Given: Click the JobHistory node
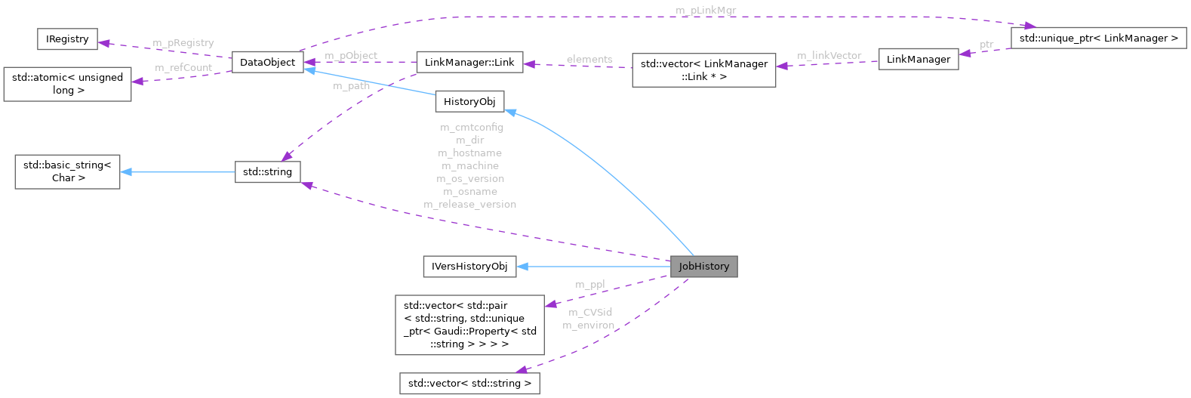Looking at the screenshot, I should click(703, 267).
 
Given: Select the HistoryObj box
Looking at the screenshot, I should click(469, 101).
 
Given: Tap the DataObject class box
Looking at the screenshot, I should click(267, 62).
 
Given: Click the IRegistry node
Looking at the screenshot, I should click(67, 39).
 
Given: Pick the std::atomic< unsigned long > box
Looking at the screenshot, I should click(67, 84).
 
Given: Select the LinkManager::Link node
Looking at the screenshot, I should click(469, 63).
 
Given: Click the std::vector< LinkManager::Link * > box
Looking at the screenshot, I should click(703, 70).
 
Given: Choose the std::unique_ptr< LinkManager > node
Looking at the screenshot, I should click(1098, 38).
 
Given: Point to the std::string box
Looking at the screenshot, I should click(267, 172).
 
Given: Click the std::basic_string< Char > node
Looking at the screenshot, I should click(67, 171).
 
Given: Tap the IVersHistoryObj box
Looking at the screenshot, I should click(469, 267).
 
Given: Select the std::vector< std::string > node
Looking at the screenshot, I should click(469, 383).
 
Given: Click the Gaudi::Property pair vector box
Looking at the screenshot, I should click(469, 325).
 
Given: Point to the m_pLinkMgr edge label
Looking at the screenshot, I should click(706, 11).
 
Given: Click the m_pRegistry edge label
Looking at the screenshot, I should click(183, 43).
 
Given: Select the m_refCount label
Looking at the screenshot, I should click(183, 68).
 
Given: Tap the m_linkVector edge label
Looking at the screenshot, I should click(829, 56).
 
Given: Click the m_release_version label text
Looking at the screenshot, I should click(469, 205).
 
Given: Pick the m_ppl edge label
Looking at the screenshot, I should click(589, 285).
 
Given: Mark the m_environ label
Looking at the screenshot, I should click(588, 325).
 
